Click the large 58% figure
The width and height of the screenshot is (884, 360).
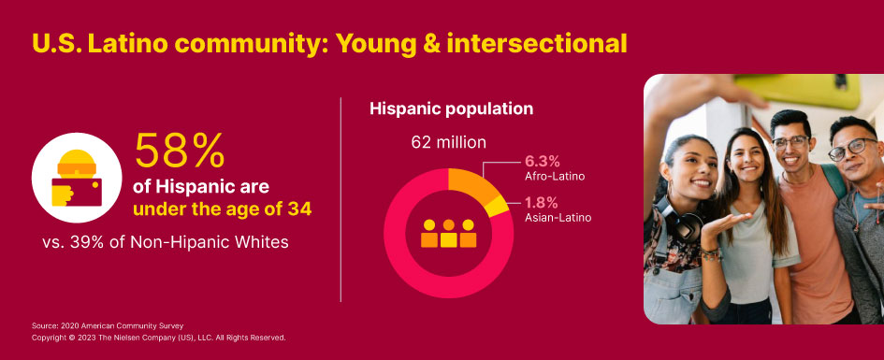pos(181,150)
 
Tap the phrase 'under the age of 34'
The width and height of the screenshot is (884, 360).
pos(223,209)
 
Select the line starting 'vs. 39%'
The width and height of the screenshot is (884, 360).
pos(166,242)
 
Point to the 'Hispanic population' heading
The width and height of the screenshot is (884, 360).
pos(451,109)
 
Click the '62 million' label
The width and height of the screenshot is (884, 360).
pos(449,143)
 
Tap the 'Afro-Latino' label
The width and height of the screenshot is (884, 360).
pos(555,175)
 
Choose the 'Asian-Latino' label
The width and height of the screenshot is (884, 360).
pos(558,218)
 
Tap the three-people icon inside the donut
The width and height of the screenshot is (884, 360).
pos(448,234)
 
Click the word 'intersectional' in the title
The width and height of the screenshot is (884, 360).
pos(536,43)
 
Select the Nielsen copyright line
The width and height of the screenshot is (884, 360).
pos(158,337)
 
